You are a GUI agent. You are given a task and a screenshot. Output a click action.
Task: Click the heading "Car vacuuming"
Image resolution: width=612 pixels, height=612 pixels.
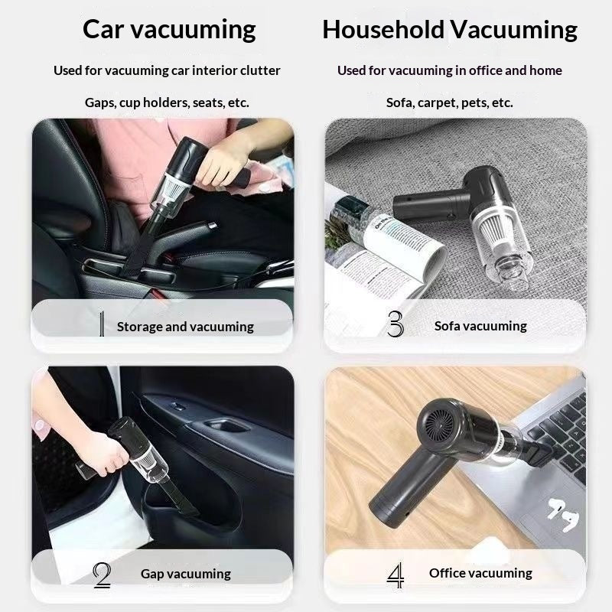(169, 30)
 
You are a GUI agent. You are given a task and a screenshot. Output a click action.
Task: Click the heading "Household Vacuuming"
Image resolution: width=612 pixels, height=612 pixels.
(450, 30)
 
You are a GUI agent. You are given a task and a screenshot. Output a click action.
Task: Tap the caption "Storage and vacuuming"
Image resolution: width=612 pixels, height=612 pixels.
(185, 327)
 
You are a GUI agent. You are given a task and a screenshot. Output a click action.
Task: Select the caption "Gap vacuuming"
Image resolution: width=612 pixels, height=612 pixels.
(186, 574)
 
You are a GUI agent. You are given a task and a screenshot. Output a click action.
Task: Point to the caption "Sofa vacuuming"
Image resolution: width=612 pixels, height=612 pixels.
(480, 326)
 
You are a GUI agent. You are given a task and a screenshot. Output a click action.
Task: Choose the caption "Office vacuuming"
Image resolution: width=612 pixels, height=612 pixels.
(480, 573)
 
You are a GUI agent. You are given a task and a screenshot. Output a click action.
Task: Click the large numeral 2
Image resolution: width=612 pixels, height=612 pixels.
(103, 575)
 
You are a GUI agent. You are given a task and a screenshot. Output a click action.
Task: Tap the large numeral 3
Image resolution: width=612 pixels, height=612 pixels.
(396, 324)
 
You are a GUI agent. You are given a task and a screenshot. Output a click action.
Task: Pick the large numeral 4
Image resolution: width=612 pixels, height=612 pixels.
(395, 575)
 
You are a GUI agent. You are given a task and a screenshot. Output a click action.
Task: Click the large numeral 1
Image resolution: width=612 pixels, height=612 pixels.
(102, 324)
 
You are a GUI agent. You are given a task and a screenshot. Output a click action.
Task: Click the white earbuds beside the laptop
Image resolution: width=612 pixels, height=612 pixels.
(563, 514)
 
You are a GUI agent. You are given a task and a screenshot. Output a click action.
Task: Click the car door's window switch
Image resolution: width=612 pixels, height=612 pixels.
(178, 407)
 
